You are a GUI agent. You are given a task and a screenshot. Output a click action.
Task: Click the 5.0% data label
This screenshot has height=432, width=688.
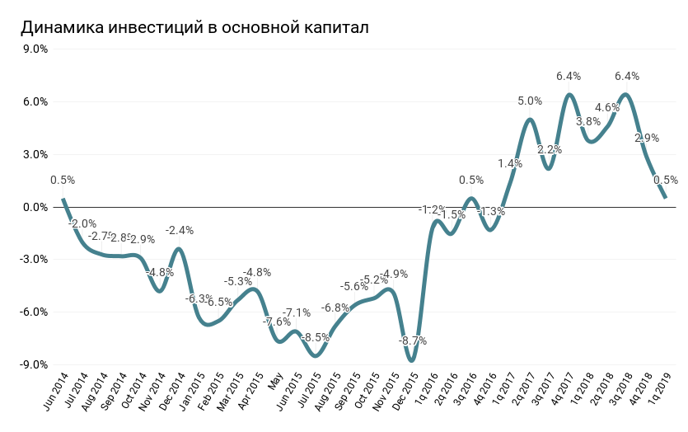coord(530,101)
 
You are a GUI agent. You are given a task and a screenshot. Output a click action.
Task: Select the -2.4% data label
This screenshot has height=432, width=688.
coord(179,231)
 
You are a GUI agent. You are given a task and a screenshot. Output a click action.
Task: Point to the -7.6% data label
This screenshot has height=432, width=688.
coord(277,322)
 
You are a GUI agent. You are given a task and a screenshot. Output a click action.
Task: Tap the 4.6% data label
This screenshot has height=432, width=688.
coord(607,108)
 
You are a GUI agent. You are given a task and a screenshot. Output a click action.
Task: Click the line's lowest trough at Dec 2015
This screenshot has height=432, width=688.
coord(411,360)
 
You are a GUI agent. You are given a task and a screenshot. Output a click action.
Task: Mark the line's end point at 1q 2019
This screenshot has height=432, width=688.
coord(665,198)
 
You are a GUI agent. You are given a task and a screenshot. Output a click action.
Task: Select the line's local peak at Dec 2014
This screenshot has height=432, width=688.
coord(179,248)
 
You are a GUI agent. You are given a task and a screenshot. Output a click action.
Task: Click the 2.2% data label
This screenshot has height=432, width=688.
coord(549,150)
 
